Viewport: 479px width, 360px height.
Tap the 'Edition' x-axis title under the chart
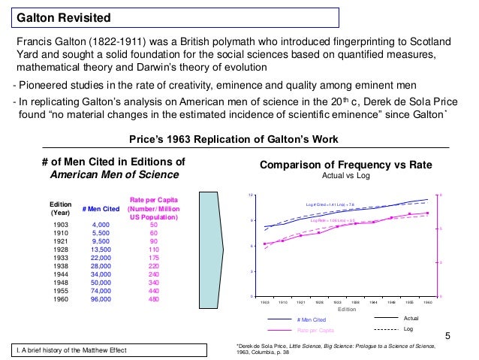click(346, 309)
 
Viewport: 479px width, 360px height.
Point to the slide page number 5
click(447, 335)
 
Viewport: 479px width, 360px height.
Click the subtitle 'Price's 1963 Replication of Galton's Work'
click(234, 140)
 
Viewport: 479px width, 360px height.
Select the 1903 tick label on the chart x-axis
click(264, 302)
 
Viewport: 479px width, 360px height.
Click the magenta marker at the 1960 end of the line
click(427, 213)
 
